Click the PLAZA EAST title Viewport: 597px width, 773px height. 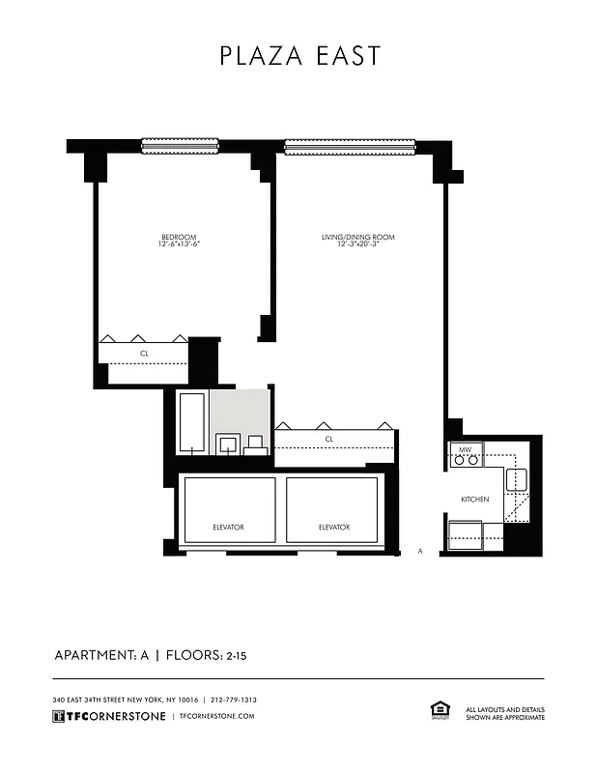click(299, 56)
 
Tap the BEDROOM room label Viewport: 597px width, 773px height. click(179, 238)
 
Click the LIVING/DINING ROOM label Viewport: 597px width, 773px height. click(357, 238)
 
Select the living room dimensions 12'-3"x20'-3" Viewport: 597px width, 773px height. click(357, 245)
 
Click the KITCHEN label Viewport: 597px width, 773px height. click(474, 499)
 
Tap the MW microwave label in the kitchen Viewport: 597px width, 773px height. click(465, 449)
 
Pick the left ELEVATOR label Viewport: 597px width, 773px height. click(228, 527)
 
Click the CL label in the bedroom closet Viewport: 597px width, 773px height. click(144, 354)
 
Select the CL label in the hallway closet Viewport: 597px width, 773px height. click(328, 439)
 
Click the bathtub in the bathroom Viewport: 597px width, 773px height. click(192, 422)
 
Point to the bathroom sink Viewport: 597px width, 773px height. click(228, 444)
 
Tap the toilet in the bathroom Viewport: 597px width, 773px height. click(256, 444)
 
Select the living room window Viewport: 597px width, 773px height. click(350, 147)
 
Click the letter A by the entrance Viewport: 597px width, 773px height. click(420, 552)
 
